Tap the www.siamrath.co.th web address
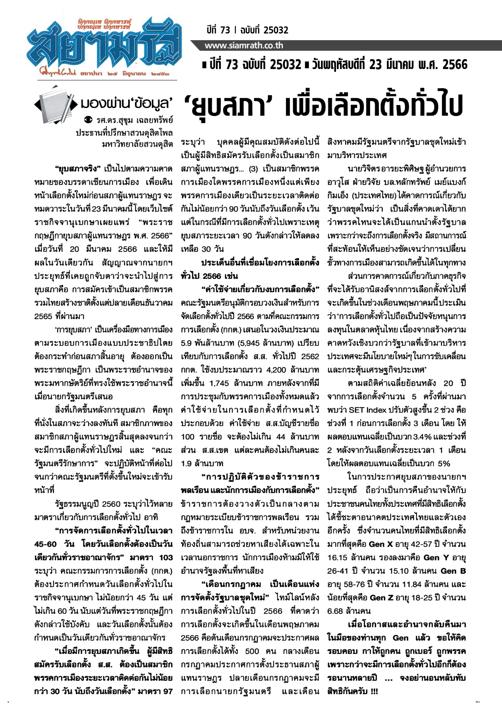tap(244, 46)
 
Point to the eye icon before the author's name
tap(89, 120)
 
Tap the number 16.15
tap(338, 557)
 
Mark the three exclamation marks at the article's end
tap(374, 691)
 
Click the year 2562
tap(310, 356)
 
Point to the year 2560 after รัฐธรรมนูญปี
tap(111, 504)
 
